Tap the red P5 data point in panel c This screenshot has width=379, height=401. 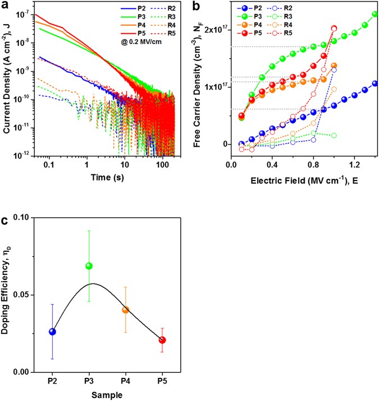[162, 340]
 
